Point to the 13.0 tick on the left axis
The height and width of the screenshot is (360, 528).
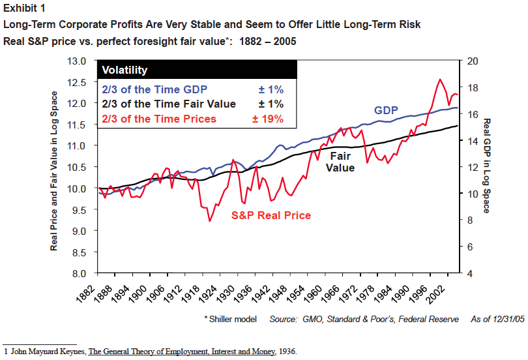click(78, 61)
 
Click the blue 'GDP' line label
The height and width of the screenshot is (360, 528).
click(385, 110)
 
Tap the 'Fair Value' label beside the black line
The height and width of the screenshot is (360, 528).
click(341, 162)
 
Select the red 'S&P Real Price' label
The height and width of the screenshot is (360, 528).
click(271, 215)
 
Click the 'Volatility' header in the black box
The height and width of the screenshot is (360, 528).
click(125, 70)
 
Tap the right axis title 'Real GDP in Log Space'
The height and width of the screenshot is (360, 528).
click(486, 166)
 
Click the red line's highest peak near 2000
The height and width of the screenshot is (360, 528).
click(440, 80)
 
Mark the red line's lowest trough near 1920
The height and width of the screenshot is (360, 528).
click(209, 221)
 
